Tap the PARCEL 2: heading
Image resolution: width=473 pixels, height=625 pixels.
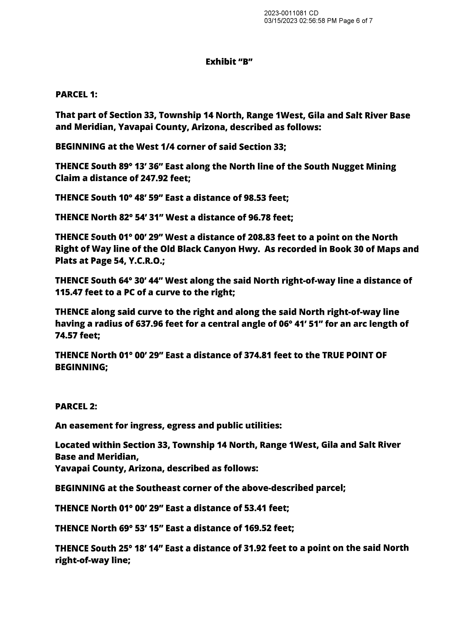(76, 406)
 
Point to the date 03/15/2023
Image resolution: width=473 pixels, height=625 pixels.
(281, 21)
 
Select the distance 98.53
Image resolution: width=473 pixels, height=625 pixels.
(255, 198)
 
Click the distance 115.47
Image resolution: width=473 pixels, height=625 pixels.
(69, 292)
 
